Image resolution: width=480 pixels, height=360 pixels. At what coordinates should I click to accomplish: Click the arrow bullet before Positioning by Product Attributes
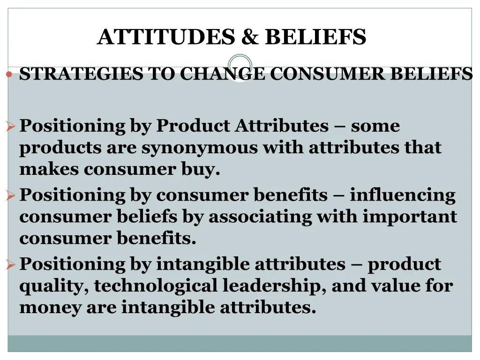(12, 126)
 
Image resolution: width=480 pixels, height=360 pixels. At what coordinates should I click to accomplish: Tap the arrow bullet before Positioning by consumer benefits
(12, 195)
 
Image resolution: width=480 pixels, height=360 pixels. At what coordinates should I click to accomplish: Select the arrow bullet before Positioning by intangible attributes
(12, 265)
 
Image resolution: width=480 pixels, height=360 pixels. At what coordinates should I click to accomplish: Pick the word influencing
(402, 195)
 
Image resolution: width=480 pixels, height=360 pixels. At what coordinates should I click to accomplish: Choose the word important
(410, 217)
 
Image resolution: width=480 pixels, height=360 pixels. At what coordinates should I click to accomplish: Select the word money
(50, 307)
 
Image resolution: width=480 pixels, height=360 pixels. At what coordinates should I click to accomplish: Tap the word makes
(49, 169)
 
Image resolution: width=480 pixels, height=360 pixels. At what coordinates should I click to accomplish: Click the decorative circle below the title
(240, 67)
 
